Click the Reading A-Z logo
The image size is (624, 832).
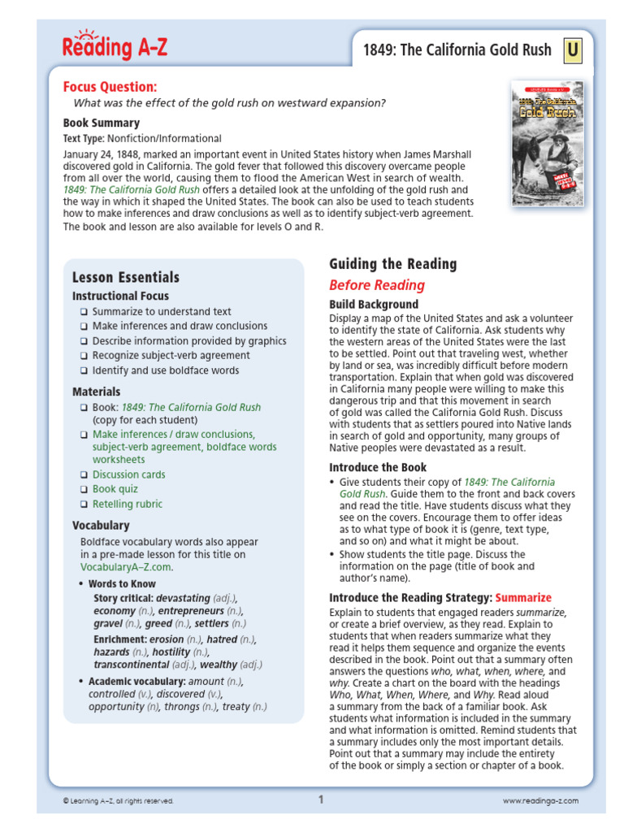[115, 46]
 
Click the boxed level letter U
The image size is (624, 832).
[573, 51]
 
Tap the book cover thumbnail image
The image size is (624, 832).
[547, 142]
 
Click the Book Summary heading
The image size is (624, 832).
[102, 123]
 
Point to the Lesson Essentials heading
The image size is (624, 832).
[126, 278]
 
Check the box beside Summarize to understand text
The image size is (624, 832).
[84, 312]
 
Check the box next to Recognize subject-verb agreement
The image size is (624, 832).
[84, 356]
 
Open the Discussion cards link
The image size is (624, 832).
[128, 474]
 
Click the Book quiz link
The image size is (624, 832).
[115, 489]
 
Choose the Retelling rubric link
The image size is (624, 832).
[128, 504]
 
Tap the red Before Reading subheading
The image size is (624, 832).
[376, 285]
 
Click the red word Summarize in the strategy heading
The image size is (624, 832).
[522, 597]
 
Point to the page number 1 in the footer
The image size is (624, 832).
[321, 799]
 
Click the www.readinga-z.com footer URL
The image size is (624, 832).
[540, 800]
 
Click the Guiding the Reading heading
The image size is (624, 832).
[392, 264]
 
